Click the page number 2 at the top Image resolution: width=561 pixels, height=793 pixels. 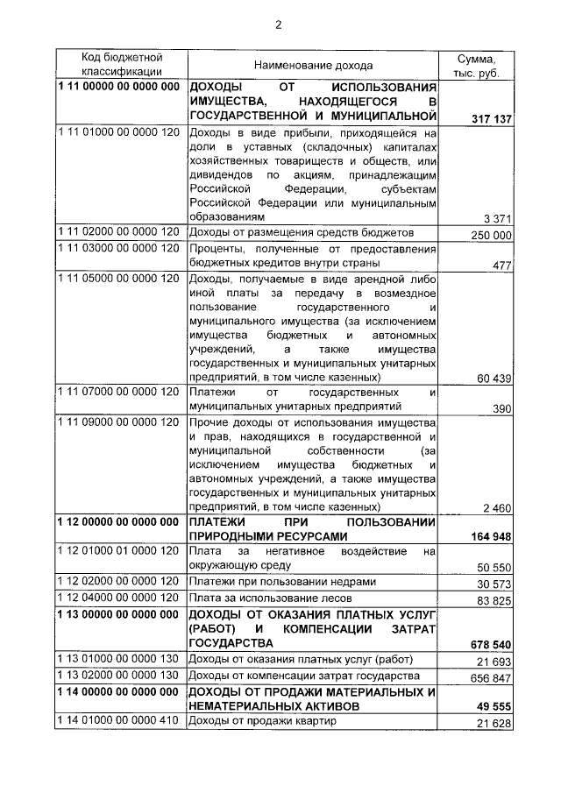(x=279, y=24)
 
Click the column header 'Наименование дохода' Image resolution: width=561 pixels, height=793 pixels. (x=313, y=66)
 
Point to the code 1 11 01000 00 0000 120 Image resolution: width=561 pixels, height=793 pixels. (x=118, y=132)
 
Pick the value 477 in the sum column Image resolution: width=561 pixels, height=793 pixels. (x=501, y=266)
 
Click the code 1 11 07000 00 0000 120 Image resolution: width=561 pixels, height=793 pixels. (x=118, y=392)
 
